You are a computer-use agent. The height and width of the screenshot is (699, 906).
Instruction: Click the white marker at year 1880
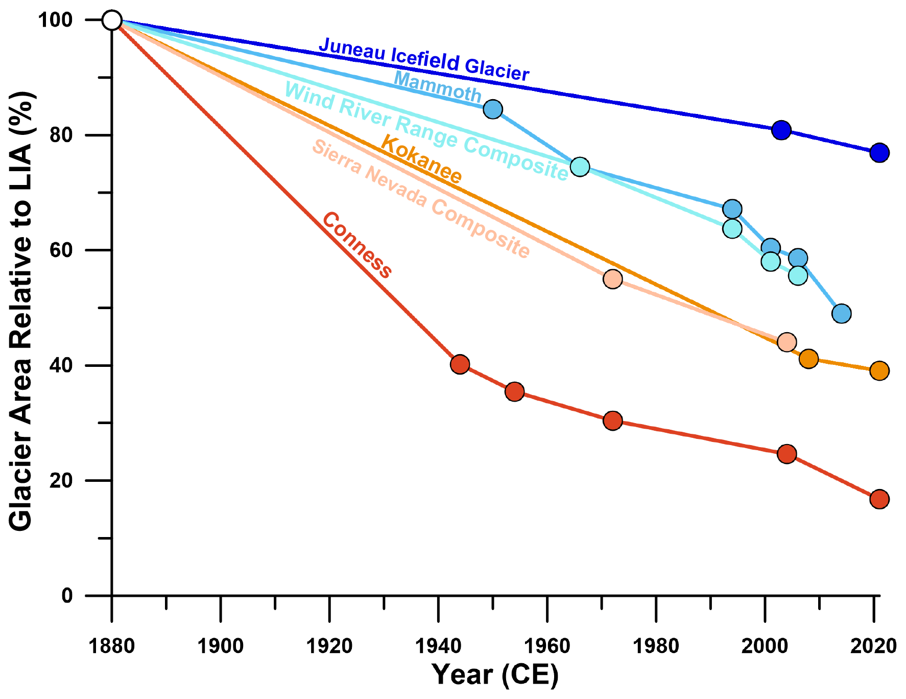[112, 20]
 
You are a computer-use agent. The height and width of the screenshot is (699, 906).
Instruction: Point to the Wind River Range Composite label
[426, 131]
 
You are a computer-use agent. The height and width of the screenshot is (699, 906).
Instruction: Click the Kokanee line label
[421, 159]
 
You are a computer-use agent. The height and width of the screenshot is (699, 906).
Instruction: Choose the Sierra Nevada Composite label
[421, 199]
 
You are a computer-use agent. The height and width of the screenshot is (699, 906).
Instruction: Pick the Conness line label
[357, 245]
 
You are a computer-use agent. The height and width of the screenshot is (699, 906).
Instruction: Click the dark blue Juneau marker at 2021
[879, 152]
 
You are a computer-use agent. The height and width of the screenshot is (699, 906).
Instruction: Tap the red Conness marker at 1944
[460, 364]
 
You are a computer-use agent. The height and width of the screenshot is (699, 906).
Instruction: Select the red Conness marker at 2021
[879, 499]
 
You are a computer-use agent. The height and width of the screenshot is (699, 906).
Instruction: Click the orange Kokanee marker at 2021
[879, 370]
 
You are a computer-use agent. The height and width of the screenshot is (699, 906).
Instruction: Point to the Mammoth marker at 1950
[493, 109]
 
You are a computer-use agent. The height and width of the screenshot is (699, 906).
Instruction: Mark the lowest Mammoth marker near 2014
[841, 313]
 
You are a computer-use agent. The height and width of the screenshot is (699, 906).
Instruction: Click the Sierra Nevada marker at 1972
[612, 279]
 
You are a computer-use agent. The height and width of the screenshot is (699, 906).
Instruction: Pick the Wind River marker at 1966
[580, 167]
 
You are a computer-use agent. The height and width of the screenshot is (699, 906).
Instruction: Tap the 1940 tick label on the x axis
[438, 646]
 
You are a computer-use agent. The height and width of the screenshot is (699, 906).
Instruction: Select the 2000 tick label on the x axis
[765, 646]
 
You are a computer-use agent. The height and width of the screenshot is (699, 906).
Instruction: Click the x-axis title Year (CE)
[495, 674]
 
